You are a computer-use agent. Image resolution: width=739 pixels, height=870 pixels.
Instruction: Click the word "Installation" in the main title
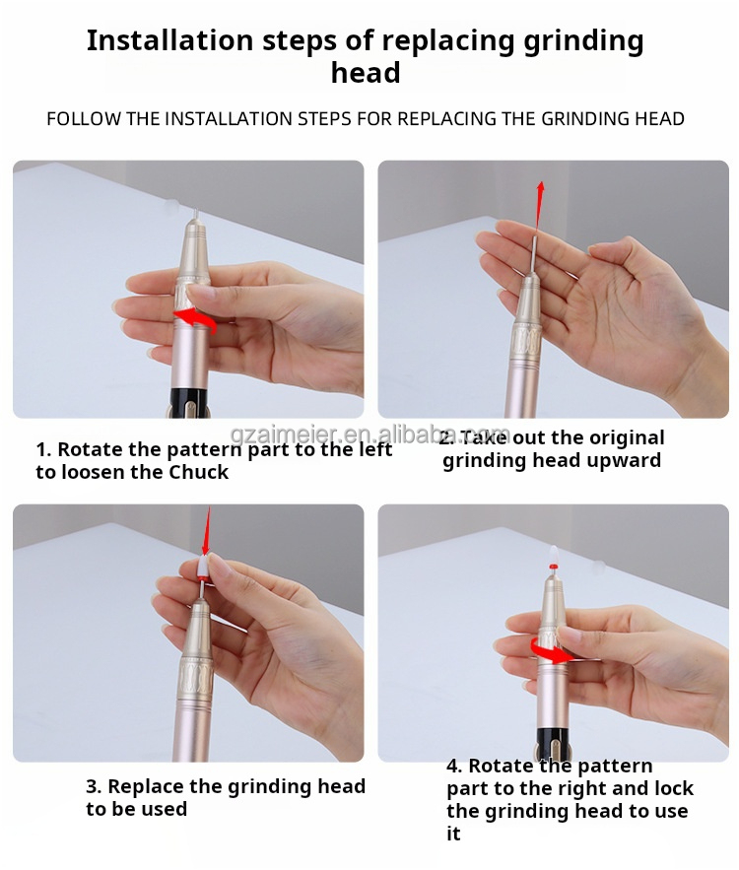tap(169, 41)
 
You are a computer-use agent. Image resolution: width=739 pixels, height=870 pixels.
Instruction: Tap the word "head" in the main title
tap(366, 73)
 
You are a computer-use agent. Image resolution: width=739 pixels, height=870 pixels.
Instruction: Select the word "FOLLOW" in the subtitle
tap(83, 119)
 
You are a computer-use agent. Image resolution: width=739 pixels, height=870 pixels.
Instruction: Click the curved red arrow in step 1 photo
tap(194, 320)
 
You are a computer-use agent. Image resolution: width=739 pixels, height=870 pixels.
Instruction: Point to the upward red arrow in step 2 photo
tap(539, 206)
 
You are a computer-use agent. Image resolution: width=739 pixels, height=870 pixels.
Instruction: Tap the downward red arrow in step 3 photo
tap(208, 531)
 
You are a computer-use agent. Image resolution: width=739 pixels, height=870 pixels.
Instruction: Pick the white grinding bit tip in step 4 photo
tap(553, 555)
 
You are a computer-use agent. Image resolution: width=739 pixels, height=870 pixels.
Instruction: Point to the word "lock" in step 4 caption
tap(674, 788)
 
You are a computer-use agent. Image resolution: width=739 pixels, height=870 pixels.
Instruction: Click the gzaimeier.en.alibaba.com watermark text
tap(370, 435)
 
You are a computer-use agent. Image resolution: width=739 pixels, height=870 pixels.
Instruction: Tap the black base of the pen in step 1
tap(188, 402)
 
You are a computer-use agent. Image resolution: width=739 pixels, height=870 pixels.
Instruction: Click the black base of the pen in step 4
tap(553, 747)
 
